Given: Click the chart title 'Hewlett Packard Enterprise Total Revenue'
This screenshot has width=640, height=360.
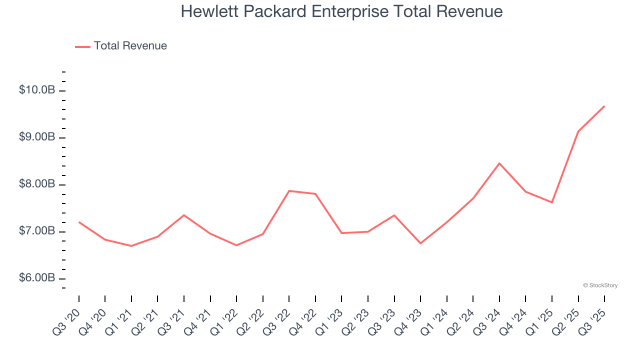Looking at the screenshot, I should [341, 11].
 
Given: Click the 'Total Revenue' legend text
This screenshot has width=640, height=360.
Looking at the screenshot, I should [130, 46].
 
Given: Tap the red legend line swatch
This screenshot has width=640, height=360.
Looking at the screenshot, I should [82, 46].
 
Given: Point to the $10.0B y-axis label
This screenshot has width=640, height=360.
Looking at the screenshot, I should [37, 90].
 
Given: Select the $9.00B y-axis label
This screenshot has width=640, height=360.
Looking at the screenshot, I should [37, 137].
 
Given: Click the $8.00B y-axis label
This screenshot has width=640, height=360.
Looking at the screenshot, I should [37, 184].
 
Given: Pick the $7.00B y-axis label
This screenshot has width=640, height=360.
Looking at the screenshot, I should [37, 231].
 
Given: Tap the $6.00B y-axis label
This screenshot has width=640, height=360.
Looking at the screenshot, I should [37, 278].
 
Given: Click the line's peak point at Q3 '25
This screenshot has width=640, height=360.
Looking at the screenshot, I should [604, 106].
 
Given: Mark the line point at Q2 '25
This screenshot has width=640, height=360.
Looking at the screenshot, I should [578, 131].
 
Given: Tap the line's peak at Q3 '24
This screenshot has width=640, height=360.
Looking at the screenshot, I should [499, 163].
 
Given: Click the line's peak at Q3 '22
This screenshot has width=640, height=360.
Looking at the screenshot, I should [289, 190].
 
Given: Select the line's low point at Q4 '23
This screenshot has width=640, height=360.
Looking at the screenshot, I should [420, 243].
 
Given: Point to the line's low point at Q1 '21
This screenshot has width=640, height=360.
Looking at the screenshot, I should [131, 246].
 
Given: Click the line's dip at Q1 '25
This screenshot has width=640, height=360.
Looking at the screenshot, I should [552, 202].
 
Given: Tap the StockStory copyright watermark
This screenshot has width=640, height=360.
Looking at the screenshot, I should [600, 285].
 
